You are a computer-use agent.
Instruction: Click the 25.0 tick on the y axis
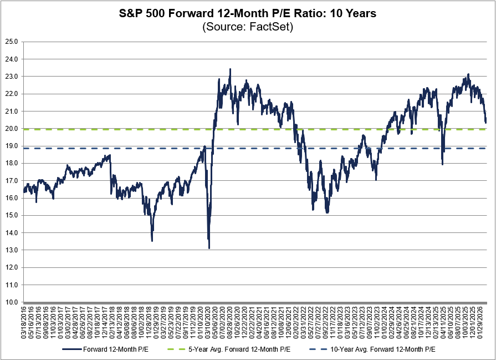click(x=12, y=42)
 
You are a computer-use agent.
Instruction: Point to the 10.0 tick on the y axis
click(x=12, y=302)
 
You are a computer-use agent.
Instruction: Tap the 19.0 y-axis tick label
click(x=12, y=146)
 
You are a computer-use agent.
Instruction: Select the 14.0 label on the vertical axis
click(x=12, y=233)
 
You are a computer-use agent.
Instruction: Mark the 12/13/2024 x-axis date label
click(x=428, y=322)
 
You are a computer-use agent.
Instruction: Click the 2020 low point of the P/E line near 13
click(x=209, y=248)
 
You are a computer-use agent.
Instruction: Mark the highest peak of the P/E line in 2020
click(x=230, y=69)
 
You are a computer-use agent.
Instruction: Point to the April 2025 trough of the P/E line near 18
click(x=442, y=164)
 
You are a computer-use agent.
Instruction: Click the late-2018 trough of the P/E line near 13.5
click(x=152, y=240)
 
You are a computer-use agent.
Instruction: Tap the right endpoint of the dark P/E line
click(x=486, y=122)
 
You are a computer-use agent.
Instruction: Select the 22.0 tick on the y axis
click(x=12, y=94)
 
